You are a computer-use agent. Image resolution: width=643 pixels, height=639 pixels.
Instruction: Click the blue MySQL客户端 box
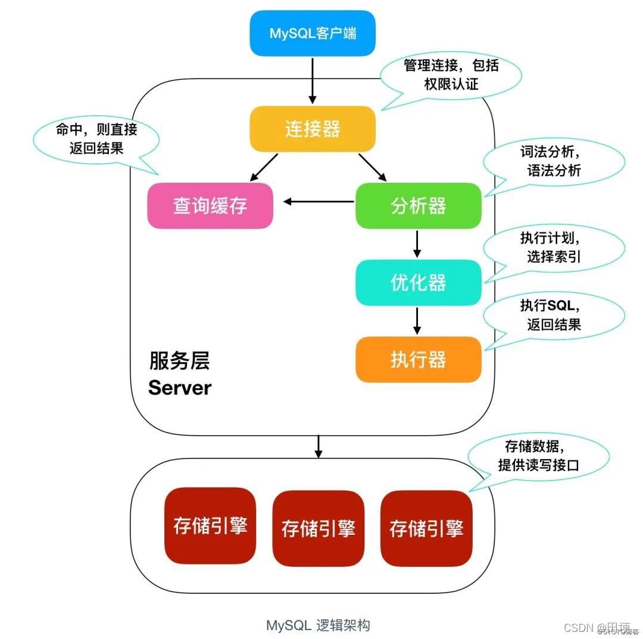pos(313,33)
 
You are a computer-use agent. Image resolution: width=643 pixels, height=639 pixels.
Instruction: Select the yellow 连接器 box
pos(313,129)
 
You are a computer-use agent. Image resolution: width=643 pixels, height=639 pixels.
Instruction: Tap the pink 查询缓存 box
pos(210,206)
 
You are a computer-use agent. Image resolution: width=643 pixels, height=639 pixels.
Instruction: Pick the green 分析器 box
pos(418,206)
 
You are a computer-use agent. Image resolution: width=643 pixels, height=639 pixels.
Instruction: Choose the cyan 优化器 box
pos(418,283)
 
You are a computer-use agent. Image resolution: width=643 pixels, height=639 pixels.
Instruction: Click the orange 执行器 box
pos(418,360)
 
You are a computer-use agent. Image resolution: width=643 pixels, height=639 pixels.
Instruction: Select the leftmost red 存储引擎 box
pos(210,526)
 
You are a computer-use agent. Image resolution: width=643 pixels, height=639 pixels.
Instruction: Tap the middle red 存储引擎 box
pos(318,528)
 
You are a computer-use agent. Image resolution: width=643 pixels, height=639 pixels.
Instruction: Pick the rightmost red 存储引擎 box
pos(426,528)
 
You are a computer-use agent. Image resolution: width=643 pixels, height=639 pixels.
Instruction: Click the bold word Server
pos(180,388)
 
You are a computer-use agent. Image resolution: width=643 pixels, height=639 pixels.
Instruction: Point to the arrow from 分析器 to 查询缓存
pos(319,202)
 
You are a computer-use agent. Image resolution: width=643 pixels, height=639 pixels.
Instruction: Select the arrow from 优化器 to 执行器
pos(417,320)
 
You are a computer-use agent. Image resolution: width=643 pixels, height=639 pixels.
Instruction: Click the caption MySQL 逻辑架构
pos(318,625)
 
